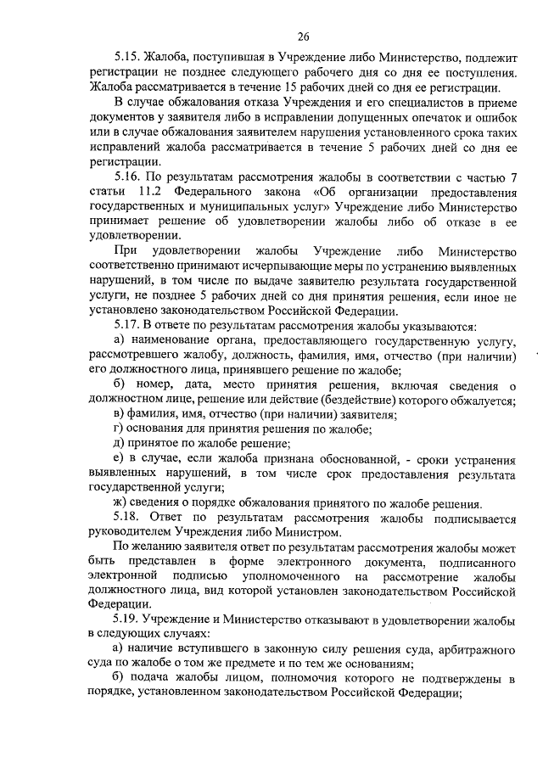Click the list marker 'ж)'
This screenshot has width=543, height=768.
click(120, 502)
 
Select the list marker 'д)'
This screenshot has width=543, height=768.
click(119, 443)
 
